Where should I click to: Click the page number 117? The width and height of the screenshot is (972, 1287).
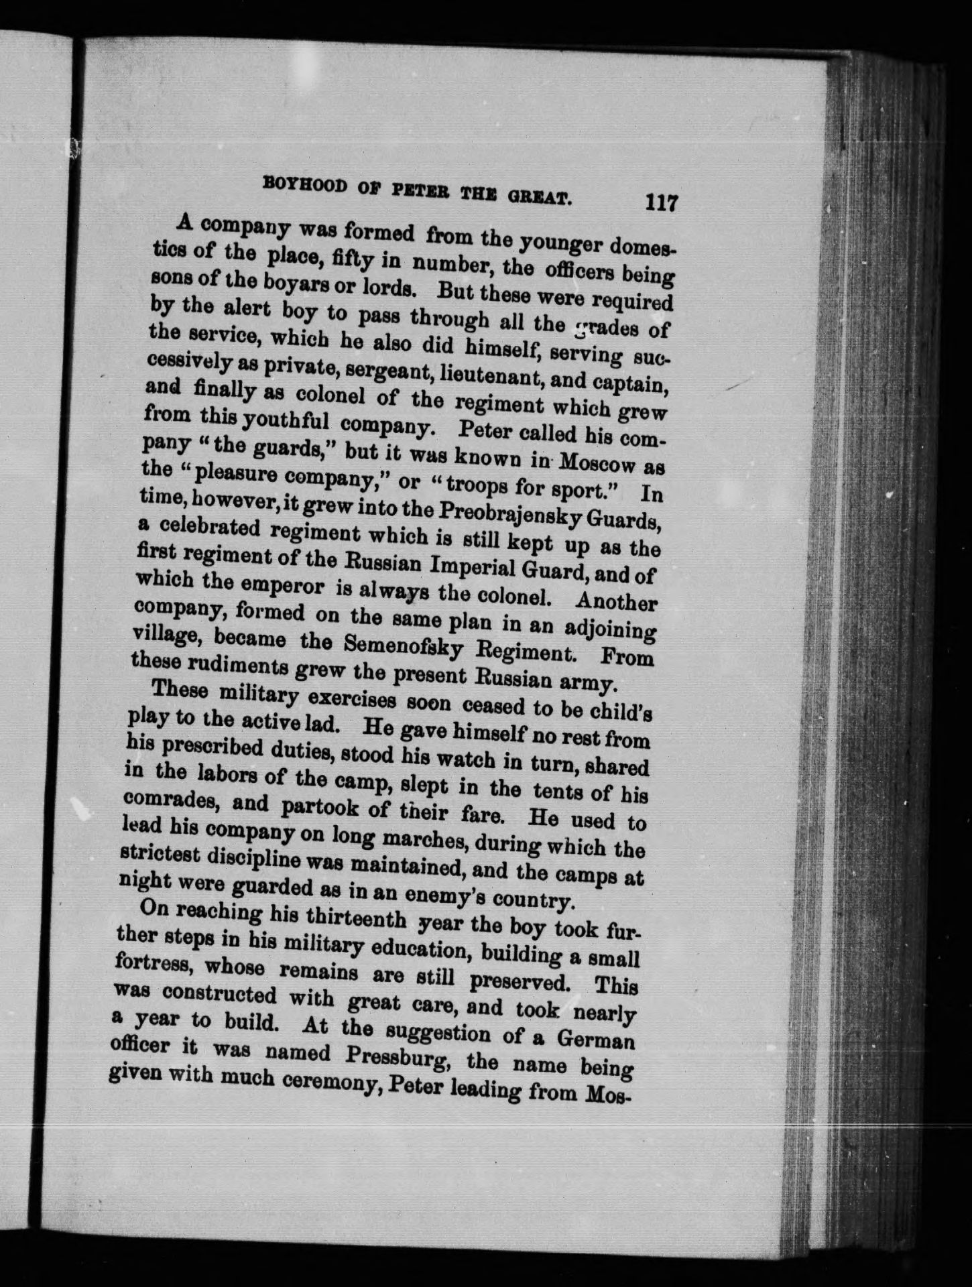(660, 202)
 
